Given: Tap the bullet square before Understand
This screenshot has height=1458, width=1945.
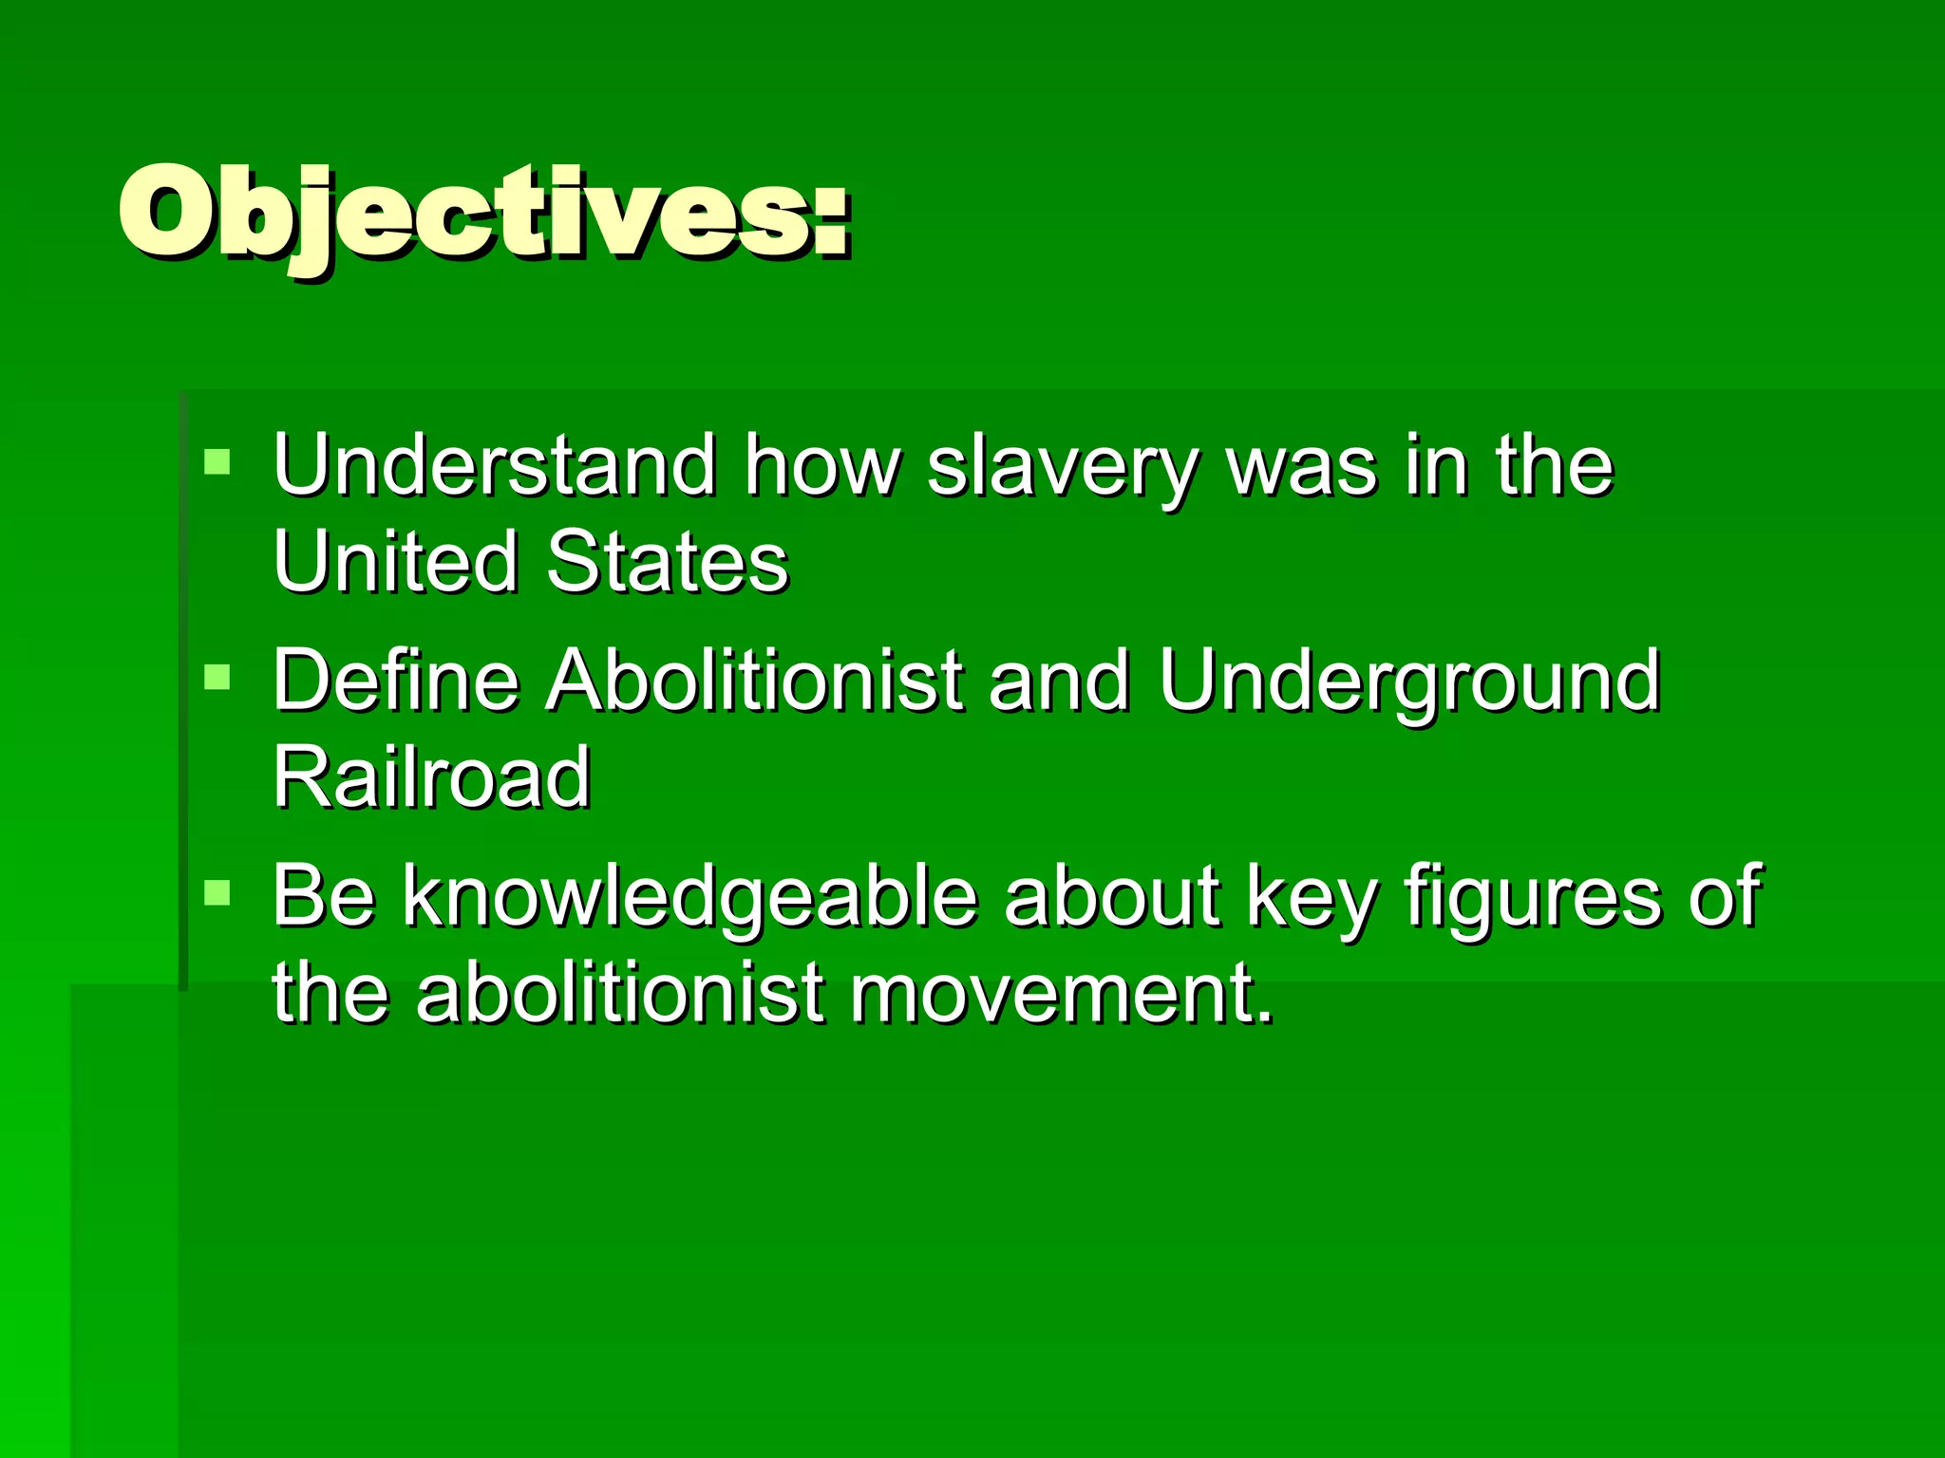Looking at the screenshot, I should (217, 462).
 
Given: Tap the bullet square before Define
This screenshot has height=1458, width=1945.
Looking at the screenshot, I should (217, 677).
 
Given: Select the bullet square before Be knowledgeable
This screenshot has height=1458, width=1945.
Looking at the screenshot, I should (217, 892).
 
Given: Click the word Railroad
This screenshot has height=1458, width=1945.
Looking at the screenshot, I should (432, 777).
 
